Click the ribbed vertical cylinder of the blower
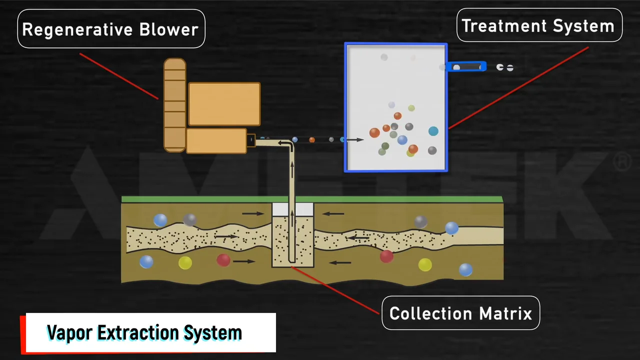click(x=175, y=105)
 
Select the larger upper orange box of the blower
click(x=224, y=104)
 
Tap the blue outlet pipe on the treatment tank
click(x=466, y=66)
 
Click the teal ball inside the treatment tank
click(x=433, y=131)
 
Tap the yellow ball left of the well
click(x=185, y=262)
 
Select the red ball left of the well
click(x=223, y=260)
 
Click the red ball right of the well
click(x=386, y=256)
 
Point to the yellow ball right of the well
click(x=425, y=264)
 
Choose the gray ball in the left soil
click(x=189, y=219)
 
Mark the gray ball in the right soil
click(x=420, y=221)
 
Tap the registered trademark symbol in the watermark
click(x=621, y=162)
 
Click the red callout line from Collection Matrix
click(x=335, y=290)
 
